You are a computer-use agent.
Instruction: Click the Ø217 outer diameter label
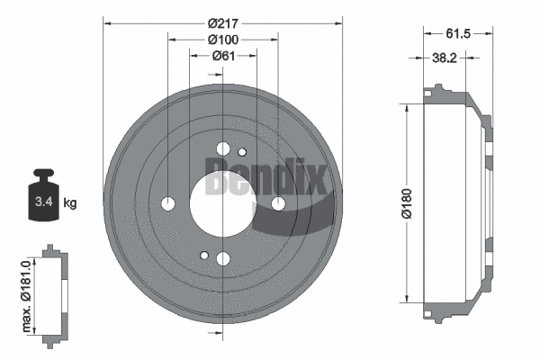[x=222, y=22]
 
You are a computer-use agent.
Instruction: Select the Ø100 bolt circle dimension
[x=222, y=40]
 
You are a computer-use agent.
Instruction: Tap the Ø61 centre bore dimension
[x=223, y=56]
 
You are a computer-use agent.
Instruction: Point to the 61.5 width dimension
[x=459, y=33]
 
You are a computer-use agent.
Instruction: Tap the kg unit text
[x=70, y=203]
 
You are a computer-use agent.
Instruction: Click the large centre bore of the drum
[x=222, y=203]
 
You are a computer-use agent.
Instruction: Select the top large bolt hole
[x=223, y=148]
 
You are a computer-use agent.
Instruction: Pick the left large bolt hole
[x=168, y=203]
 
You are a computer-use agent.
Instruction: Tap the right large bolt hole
[x=278, y=204]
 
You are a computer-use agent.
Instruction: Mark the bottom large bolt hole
[x=223, y=259]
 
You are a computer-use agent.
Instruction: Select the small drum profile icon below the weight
[x=50, y=292]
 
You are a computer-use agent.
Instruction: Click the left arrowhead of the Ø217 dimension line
[x=107, y=22]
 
